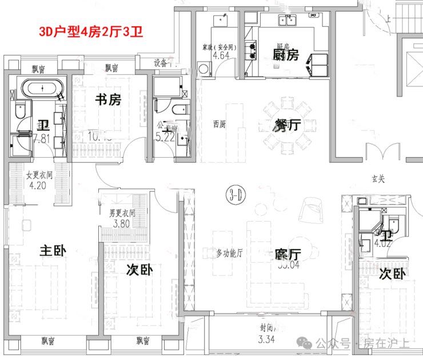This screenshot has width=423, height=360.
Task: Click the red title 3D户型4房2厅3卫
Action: click(90, 31)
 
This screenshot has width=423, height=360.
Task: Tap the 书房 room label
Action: click(108, 101)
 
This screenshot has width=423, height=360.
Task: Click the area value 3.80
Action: click(122, 223)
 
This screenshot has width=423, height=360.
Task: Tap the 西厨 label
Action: click(219, 124)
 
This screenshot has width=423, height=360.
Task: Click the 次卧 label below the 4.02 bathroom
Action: click(392, 274)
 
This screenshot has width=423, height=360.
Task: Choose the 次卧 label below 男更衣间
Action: click(139, 269)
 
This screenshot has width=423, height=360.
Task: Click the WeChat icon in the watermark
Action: click(307, 343)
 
